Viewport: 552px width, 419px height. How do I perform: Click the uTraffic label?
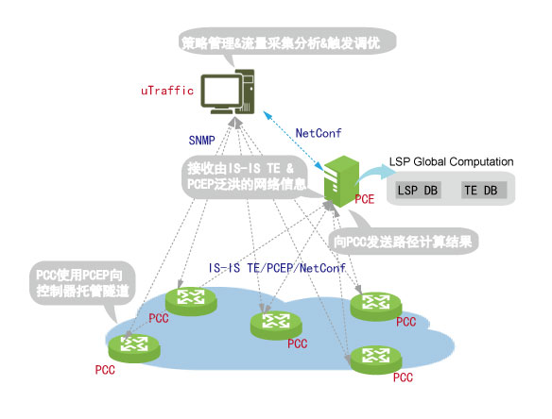click(167, 91)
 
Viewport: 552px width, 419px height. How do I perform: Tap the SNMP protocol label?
click(201, 141)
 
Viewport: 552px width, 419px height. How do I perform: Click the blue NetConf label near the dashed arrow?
click(319, 133)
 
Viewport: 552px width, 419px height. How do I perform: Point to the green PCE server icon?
click(341, 181)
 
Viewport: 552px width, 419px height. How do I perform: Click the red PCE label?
click(364, 199)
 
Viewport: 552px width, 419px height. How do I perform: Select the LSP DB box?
click(418, 191)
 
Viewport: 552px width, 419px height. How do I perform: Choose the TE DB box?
click(484, 191)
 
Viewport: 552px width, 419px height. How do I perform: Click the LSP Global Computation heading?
click(451, 161)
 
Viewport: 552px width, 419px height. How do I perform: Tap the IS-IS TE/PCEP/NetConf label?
click(277, 268)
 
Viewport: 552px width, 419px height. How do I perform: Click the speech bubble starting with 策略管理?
click(287, 42)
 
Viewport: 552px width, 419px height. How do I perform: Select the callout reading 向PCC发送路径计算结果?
click(403, 236)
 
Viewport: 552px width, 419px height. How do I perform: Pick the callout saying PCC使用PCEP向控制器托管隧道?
click(82, 283)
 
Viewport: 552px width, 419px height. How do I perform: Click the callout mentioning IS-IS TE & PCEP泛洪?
click(245, 176)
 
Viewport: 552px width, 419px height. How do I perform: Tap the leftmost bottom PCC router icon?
click(134, 348)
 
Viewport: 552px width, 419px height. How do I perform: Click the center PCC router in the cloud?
click(276, 326)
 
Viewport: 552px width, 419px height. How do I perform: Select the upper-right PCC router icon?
click(376, 306)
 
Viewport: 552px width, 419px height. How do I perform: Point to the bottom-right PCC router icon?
click(376, 360)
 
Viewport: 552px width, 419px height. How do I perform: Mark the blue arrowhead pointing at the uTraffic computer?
click(267, 115)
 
